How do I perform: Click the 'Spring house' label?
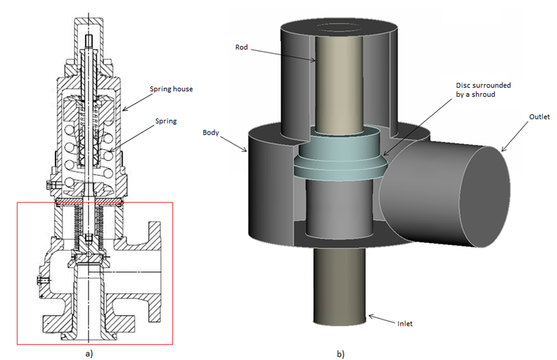coord(171,89)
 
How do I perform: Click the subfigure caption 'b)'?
coord(340,354)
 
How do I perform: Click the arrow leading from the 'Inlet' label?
coord(379,320)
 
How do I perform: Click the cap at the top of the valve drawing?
coord(88,28)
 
